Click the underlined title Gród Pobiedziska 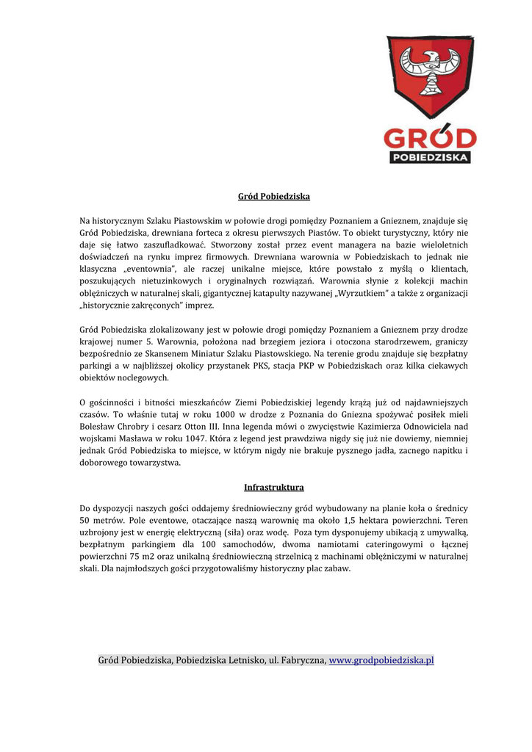273,197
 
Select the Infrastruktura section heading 273,488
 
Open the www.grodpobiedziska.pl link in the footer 381,660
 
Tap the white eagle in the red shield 431,68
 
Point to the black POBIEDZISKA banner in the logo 430,157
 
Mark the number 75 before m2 126,557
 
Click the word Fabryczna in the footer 301,660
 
